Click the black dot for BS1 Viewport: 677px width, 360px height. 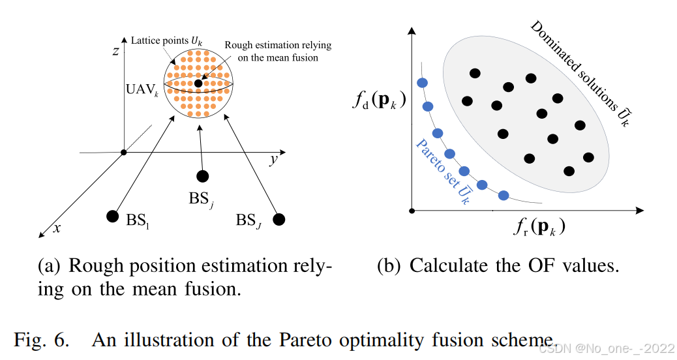112,216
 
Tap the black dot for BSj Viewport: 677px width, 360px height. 203,175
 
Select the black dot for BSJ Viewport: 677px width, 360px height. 279,219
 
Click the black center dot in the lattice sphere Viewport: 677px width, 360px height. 198,84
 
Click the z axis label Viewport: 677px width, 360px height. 115,51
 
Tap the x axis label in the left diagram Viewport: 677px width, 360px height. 57,228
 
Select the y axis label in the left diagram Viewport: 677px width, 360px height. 273,160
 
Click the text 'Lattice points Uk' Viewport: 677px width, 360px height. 165,40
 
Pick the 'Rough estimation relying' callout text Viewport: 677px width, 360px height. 278,45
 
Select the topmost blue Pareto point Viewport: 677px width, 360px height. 422,83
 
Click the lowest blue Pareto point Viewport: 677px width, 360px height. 503,195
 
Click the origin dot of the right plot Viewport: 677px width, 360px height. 412,211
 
